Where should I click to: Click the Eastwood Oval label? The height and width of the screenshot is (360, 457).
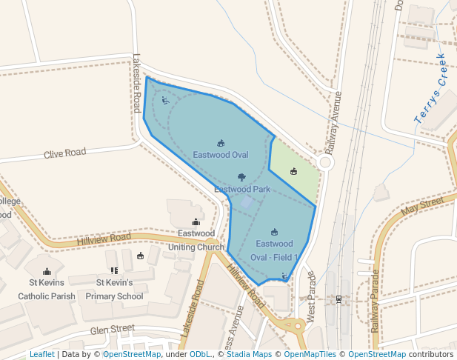click(220, 155)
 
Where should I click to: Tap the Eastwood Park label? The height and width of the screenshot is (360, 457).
click(241, 190)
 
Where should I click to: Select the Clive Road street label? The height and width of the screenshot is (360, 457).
click(64, 153)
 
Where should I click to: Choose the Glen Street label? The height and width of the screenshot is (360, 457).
click(112, 328)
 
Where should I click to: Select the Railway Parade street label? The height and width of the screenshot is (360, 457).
click(375, 297)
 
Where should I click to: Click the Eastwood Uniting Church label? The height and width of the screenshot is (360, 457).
click(196, 240)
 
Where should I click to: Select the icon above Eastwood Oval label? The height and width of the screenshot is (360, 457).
click(221, 143)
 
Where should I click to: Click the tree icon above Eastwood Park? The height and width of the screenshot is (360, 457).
click(241, 177)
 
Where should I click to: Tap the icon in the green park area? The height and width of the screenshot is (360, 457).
click(294, 172)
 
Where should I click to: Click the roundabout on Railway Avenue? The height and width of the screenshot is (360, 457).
click(326, 162)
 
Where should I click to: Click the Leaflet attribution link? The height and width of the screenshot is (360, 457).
click(41, 355)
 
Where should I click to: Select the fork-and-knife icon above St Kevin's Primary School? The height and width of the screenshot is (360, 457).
click(114, 271)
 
